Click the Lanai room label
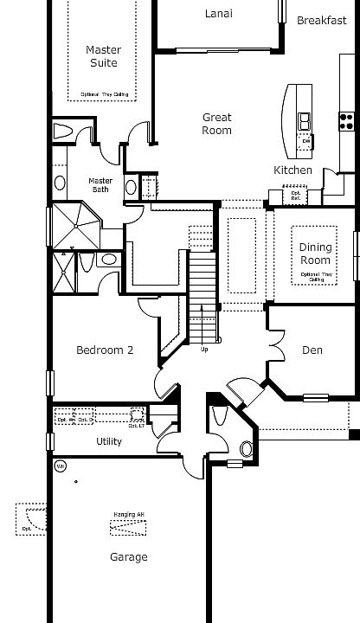coord(218,13)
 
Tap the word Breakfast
coord(322,20)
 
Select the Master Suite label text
coord(103,56)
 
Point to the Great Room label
coord(217,124)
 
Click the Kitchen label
coord(293,170)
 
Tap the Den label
coord(312,350)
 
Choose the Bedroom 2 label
coord(105,350)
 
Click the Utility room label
coord(109,441)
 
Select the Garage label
coord(128,557)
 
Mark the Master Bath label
coord(101,185)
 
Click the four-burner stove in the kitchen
coord(348,121)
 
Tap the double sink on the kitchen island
coord(305,119)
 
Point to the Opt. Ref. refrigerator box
coord(296,196)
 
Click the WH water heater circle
coord(60,466)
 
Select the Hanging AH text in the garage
coord(128,515)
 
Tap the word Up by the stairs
coord(204,349)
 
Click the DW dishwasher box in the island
coord(305,140)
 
